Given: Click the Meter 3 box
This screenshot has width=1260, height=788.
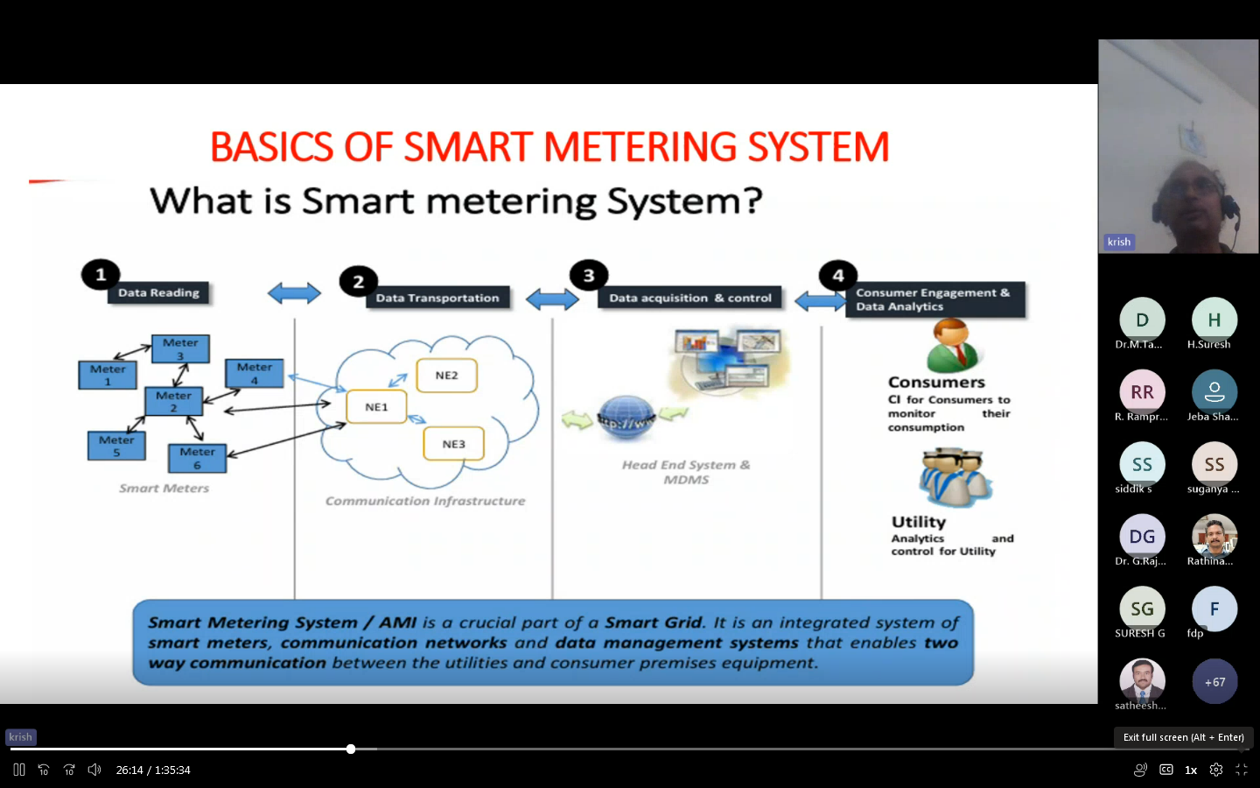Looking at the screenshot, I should [x=180, y=348].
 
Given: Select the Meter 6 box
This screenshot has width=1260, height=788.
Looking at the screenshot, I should [x=197, y=458].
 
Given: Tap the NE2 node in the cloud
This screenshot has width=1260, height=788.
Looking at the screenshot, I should [x=446, y=376].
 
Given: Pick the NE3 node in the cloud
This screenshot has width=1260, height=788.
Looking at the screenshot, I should [x=453, y=444].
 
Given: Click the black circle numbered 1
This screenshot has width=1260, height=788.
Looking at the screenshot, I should [x=101, y=275].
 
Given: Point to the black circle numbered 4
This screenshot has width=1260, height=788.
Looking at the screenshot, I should [x=837, y=276].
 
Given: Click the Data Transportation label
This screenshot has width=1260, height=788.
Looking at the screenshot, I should [x=437, y=298].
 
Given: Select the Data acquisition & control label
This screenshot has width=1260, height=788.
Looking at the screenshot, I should [x=690, y=298].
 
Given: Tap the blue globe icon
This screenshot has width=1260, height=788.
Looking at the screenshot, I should [x=626, y=419].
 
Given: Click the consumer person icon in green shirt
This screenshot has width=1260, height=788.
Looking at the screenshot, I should [x=952, y=345].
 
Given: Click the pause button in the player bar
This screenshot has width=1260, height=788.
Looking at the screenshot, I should [x=19, y=770].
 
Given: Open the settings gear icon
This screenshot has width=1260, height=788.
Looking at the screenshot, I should [x=1216, y=770].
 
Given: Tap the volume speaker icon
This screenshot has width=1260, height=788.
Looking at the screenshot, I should [x=94, y=770].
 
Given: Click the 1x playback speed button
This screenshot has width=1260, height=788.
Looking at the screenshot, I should [x=1191, y=770].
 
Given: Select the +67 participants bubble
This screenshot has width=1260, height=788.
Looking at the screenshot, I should [x=1214, y=682].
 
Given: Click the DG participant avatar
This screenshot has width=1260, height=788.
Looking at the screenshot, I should [x=1142, y=537].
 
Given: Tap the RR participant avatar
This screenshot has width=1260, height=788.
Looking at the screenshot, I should [x=1142, y=392].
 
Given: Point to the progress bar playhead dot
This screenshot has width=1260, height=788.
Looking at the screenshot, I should [x=351, y=749].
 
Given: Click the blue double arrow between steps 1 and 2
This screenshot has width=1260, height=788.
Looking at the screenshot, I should [x=294, y=293].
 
